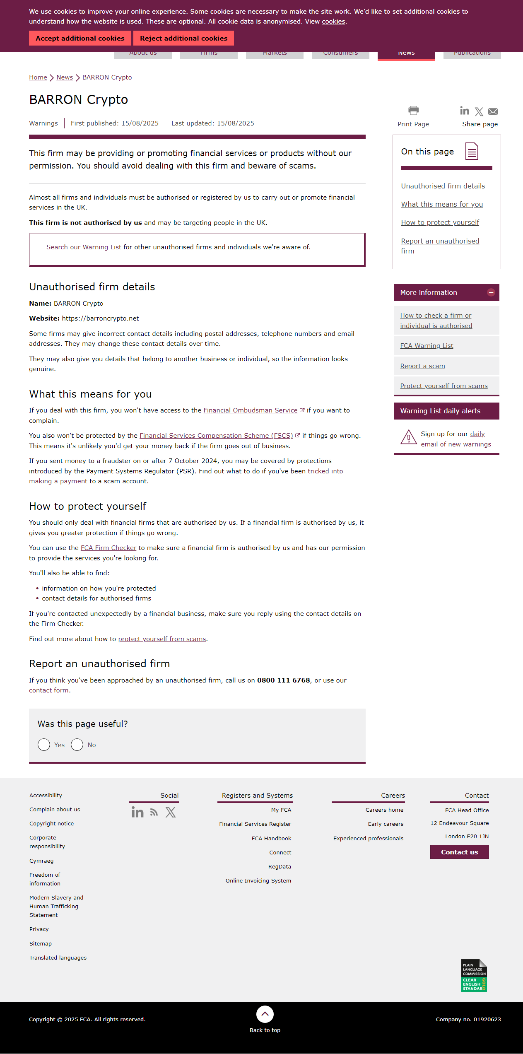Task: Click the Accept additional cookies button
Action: coord(80,38)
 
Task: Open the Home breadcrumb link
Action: coord(38,77)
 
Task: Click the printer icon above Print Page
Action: coord(413,111)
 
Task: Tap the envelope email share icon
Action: coord(493,111)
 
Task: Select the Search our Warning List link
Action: coord(84,247)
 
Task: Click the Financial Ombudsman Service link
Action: coord(250,410)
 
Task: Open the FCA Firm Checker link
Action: coord(108,548)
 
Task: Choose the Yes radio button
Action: coord(44,745)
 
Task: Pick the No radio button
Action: coord(77,745)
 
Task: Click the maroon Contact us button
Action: coord(459,852)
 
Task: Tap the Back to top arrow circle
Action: coord(265,1014)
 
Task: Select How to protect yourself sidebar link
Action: coord(440,223)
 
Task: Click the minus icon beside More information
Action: coord(491,292)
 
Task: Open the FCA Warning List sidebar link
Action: coord(427,346)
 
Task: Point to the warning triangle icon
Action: coord(408,437)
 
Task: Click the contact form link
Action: coord(49,690)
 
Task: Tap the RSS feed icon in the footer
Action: coord(154,812)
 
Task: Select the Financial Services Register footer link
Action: coord(255,824)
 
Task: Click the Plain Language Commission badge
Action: coord(474,975)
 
